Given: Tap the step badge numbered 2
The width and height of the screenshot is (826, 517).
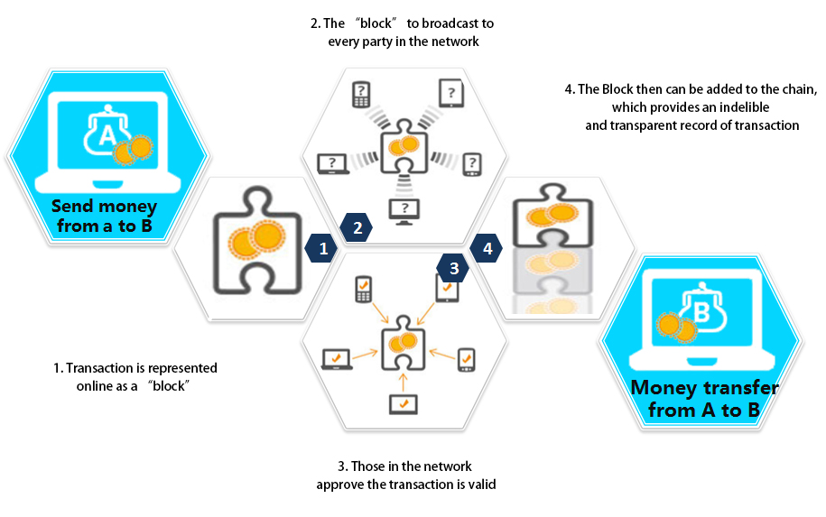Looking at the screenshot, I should click(x=357, y=228).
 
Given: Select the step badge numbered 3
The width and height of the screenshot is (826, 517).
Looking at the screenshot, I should click(x=454, y=267).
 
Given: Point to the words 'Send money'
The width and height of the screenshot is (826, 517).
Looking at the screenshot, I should click(x=104, y=206).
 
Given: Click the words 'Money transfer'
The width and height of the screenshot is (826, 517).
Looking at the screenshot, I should click(x=704, y=388).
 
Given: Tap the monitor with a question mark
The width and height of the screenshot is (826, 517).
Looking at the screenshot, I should click(x=403, y=210).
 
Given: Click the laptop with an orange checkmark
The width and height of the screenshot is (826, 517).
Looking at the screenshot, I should click(x=337, y=358).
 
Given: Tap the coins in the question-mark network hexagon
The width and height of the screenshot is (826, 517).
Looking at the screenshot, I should click(x=404, y=145).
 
